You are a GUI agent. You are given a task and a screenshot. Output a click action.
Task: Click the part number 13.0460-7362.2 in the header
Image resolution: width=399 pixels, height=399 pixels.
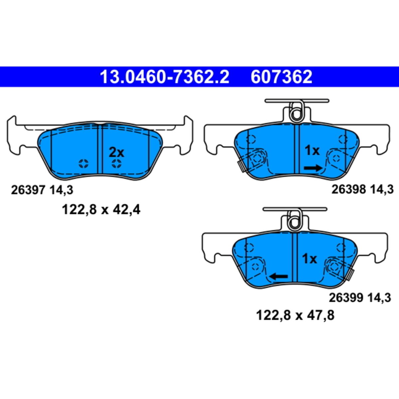(165, 77)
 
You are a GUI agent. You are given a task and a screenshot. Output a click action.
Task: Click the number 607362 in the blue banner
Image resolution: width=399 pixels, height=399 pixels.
(282, 77)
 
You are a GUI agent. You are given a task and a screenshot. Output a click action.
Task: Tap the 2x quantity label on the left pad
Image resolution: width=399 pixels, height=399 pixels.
(117, 153)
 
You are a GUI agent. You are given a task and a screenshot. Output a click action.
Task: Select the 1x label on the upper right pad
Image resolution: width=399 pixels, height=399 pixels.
(312, 151)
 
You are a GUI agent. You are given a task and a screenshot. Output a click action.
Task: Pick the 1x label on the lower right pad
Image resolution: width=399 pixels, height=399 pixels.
(310, 259)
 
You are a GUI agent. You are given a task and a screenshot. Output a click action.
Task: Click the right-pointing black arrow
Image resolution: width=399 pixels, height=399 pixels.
(313, 168)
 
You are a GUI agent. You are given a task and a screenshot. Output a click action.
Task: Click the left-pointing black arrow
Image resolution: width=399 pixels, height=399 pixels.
(278, 276)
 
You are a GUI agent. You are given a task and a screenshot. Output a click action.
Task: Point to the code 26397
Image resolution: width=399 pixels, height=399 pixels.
(28, 190)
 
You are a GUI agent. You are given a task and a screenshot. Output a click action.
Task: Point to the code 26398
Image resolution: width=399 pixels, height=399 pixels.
(348, 190)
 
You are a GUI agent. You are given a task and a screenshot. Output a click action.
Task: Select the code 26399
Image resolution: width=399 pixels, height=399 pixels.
(346, 298)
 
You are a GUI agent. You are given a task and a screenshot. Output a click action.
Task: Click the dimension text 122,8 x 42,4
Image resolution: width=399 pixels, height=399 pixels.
(101, 210)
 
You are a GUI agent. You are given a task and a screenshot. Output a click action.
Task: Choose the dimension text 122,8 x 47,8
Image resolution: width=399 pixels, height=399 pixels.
(295, 315)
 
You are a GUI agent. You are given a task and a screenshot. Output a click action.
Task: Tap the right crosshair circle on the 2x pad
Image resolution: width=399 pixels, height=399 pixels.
(116, 163)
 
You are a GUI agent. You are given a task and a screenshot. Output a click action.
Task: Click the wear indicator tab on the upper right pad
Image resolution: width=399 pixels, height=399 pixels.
(241, 166)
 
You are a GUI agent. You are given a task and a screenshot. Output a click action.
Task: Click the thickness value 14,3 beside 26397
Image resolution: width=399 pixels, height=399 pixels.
(61, 190)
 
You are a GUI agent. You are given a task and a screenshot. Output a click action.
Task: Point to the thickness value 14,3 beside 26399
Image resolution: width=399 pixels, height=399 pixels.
(379, 298)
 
